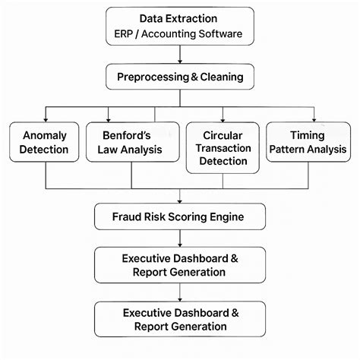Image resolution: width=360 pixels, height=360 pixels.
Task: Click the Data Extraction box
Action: click(x=179, y=27)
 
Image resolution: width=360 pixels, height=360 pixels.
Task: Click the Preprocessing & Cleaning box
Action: click(x=180, y=77)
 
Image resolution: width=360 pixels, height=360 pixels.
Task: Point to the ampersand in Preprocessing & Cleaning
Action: click(x=192, y=77)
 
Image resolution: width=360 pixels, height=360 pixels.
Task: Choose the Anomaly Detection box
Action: click(x=46, y=143)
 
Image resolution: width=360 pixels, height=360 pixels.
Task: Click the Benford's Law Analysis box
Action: click(x=131, y=143)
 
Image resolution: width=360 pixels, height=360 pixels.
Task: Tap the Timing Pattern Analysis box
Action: click(x=308, y=143)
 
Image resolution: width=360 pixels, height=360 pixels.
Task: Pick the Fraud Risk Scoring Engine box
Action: click(x=180, y=217)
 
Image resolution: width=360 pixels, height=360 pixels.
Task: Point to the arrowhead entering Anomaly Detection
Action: click(x=46, y=118)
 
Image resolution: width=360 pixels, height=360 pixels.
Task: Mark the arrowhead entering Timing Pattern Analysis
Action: click(x=308, y=118)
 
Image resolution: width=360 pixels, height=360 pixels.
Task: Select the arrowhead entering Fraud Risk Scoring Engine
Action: click(x=180, y=201)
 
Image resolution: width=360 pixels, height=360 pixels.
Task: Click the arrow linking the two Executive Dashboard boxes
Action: click(x=180, y=294)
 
